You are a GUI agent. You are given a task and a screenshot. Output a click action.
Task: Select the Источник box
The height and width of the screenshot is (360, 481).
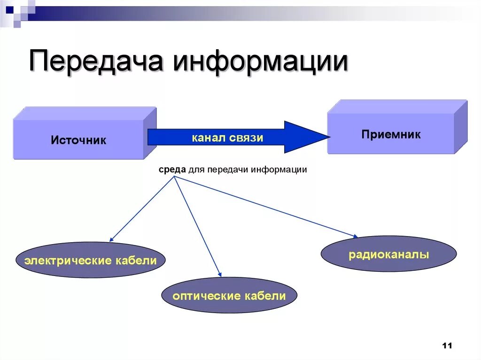[x=79, y=139]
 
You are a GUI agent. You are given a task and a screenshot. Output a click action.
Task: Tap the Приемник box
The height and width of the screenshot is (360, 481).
[x=391, y=134]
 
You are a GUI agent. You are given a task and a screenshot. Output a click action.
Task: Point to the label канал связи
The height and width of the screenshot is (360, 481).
[x=227, y=138]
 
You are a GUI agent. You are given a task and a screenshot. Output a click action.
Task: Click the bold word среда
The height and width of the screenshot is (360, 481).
[x=172, y=169]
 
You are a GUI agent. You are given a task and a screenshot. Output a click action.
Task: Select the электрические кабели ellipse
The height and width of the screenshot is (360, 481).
[x=91, y=260]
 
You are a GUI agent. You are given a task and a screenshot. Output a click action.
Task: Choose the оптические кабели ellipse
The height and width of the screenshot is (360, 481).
[x=229, y=296]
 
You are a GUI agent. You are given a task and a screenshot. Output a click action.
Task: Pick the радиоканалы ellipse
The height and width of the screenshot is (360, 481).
[x=388, y=254]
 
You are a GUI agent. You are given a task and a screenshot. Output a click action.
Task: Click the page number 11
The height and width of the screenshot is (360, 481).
[x=447, y=346]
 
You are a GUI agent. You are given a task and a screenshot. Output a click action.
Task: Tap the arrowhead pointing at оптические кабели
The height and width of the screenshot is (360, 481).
[x=219, y=275]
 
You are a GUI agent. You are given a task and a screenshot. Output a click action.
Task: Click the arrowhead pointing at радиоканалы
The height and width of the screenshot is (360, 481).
[x=356, y=236]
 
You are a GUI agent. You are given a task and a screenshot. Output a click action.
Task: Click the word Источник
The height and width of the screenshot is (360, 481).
[x=79, y=140]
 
